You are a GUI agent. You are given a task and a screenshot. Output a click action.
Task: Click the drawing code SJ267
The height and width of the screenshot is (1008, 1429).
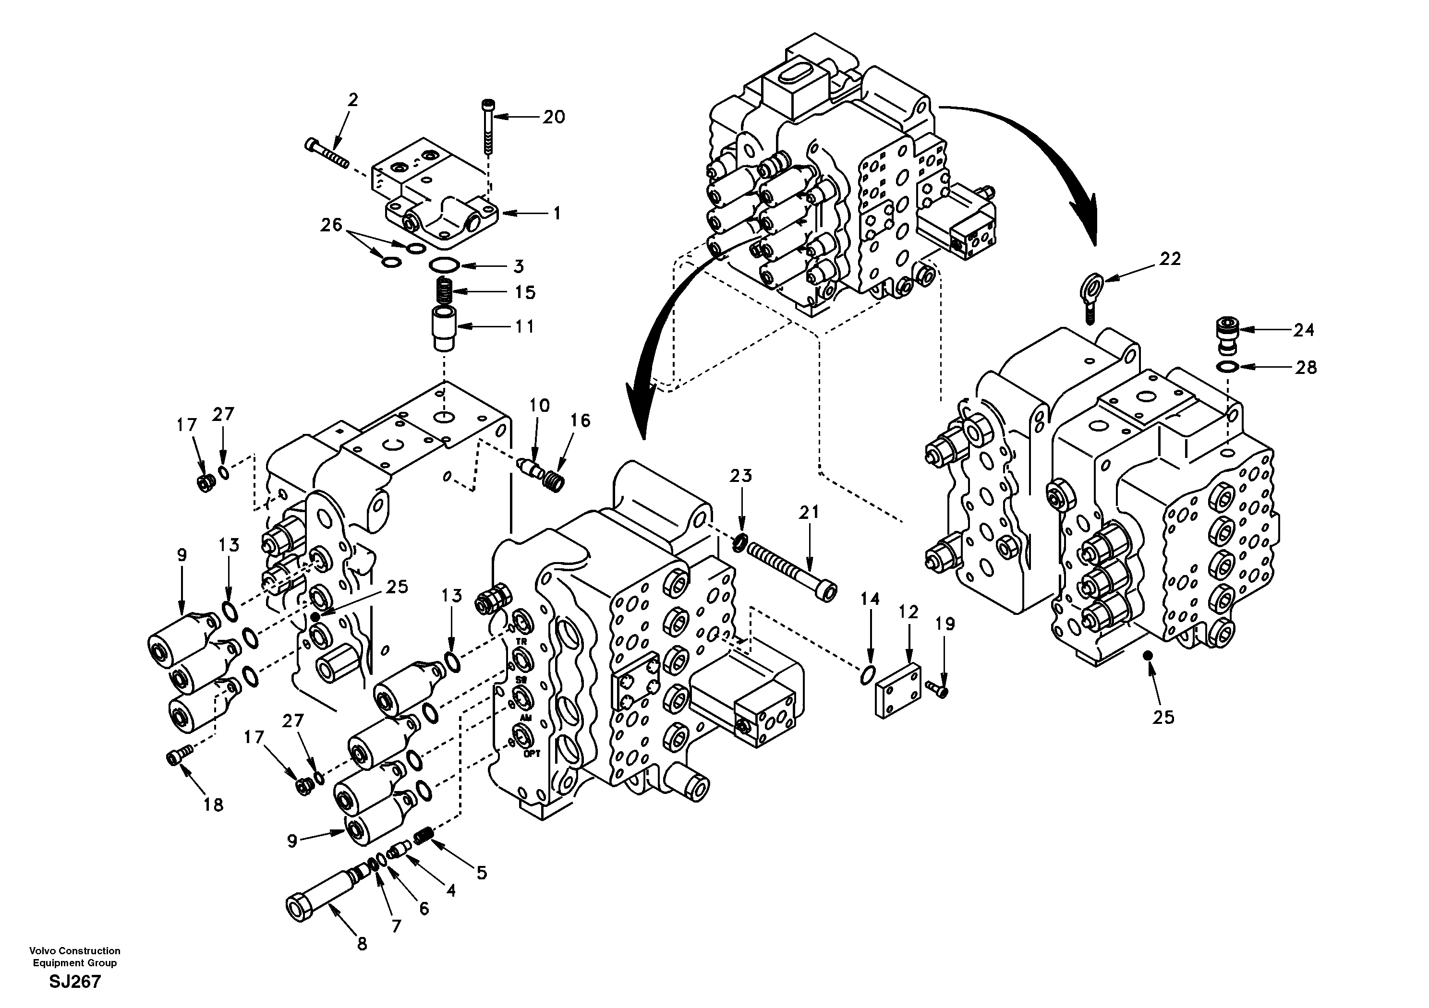pyautogui.click(x=75, y=983)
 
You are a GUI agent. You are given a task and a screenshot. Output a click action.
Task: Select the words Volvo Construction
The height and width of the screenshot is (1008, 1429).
pyautogui.click(x=75, y=951)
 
